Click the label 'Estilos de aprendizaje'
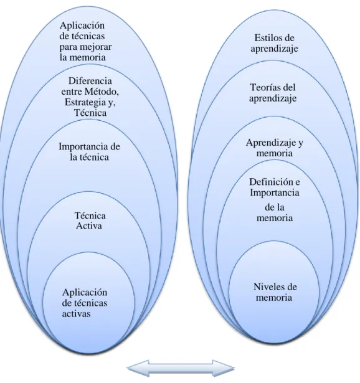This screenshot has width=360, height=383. coord(274,43)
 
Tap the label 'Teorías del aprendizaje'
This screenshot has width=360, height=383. coord(273,93)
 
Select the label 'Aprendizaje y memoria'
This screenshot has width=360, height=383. coord(275,148)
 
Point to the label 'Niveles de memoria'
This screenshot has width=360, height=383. coord(275,292)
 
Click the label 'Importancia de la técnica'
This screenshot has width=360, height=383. coord(90,152)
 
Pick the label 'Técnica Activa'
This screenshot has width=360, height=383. coord(90,220)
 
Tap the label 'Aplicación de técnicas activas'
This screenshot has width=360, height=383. coord(85,303)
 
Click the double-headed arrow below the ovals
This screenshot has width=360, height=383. coord(181,368)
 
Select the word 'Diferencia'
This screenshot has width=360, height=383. coord(90,81)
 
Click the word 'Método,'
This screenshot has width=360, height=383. coord(102,92)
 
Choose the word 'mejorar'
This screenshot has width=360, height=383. coord(97,47)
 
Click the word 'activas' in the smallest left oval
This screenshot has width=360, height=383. coord(76,314)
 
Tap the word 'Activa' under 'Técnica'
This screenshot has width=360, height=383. coord(89,225)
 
